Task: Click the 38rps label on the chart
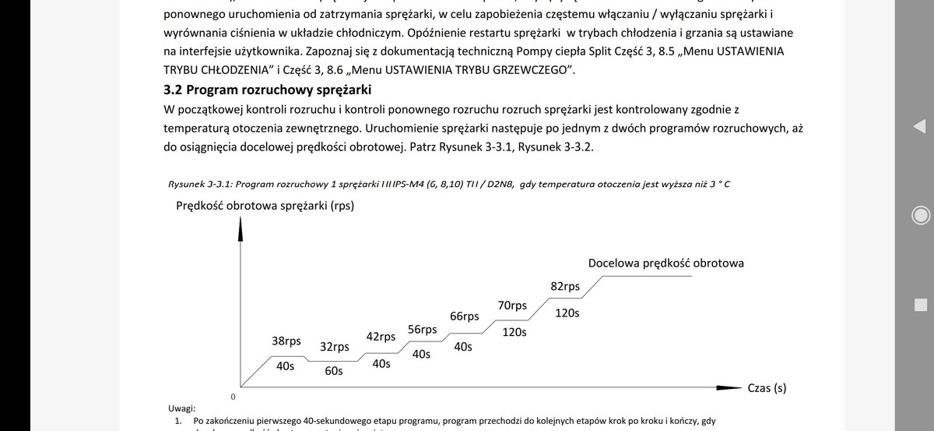coord(286,341)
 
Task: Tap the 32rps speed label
coord(335,347)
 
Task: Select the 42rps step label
coord(381,337)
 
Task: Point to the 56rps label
coord(422,330)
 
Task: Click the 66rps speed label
coord(465,316)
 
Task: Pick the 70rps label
coord(511,305)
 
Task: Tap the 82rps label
coord(565,286)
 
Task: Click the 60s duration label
coord(334,371)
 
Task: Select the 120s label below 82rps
coord(567,313)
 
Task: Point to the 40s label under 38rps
coord(285,366)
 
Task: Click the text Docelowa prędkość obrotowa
coord(665,263)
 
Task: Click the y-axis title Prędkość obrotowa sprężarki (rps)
coord(263,206)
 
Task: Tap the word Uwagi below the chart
coord(182,408)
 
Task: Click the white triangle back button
coord(919,126)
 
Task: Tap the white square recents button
coord(920,304)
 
